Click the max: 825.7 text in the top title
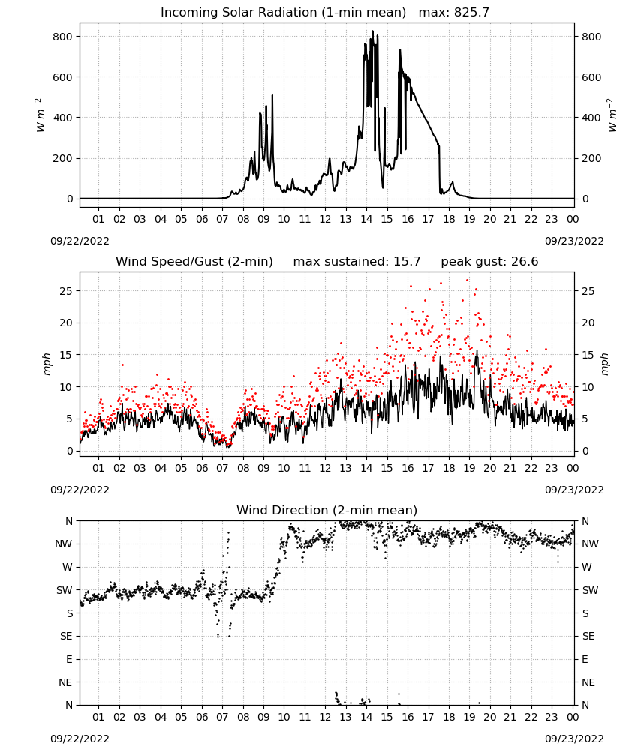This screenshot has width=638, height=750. click(x=454, y=12)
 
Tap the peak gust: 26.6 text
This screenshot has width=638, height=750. click(x=489, y=261)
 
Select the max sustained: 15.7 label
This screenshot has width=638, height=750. click(x=357, y=261)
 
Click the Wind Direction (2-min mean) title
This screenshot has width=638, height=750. click(x=327, y=510)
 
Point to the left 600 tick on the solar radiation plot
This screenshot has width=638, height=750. click(x=63, y=77)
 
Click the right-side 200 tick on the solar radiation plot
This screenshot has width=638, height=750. click(x=591, y=158)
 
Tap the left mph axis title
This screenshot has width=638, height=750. click(x=47, y=364)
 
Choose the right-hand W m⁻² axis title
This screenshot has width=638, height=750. click(x=612, y=115)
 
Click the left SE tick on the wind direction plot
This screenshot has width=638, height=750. click(x=66, y=636)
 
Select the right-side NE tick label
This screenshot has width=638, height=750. click(x=588, y=682)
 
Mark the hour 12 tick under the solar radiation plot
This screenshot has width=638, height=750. click(x=325, y=219)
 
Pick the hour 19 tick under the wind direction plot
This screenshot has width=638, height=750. click(x=469, y=717)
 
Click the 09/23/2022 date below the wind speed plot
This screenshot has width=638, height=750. click(x=574, y=490)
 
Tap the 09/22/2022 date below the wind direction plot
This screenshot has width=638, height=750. click(x=80, y=739)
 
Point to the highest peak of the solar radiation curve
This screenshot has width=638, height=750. click(x=372, y=31)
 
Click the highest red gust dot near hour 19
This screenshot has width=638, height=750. click(x=467, y=280)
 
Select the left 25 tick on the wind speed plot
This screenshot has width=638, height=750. click(x=67, y=291)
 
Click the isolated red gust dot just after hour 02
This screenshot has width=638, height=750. click(x=122, y=365)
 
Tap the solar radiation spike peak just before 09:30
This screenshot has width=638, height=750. click(x=272, y=94)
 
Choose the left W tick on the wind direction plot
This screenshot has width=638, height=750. click(x=68, y=567)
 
